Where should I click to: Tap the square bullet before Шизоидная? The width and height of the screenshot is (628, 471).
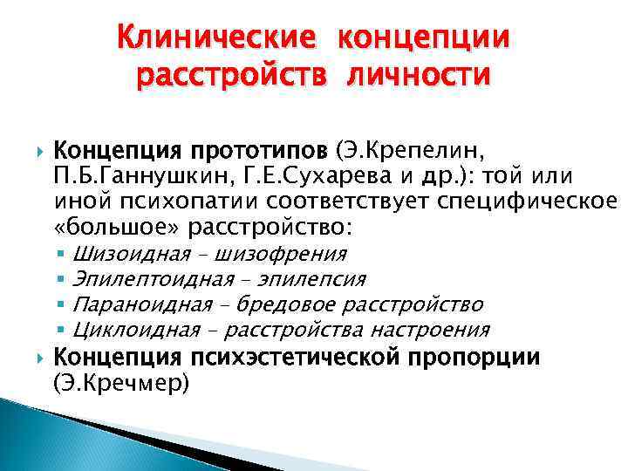[x=65, y=255]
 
